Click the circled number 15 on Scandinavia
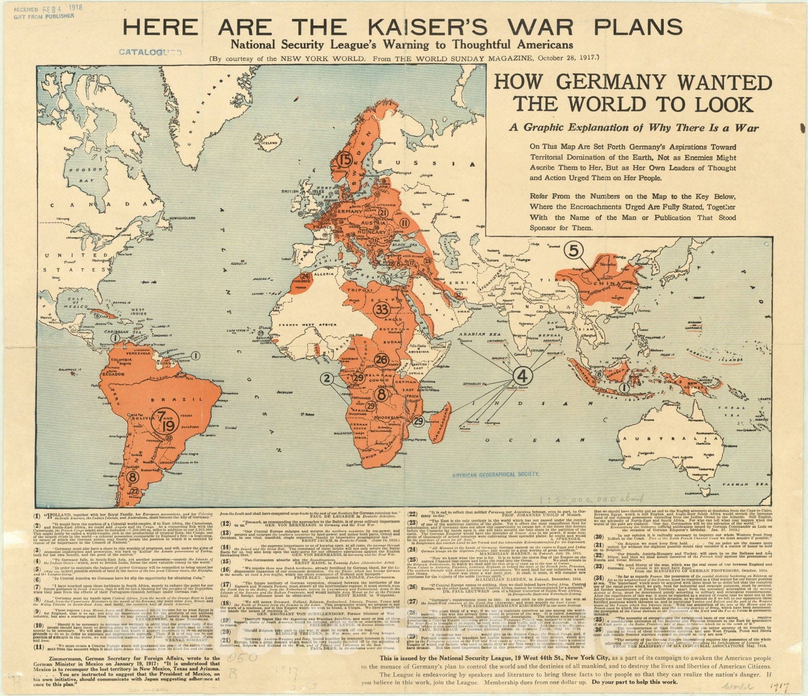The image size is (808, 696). pyautogui.click(x=345, y=161)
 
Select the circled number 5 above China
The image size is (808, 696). pyautogui.click(x=574, y=250)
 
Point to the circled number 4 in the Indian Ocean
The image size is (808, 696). pyautogui.click(x=523, y=376)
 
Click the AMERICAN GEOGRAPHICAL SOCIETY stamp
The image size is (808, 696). pyautogui.click(x=495, y=474)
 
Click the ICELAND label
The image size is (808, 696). pyautogui.click(x=270, y=143)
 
